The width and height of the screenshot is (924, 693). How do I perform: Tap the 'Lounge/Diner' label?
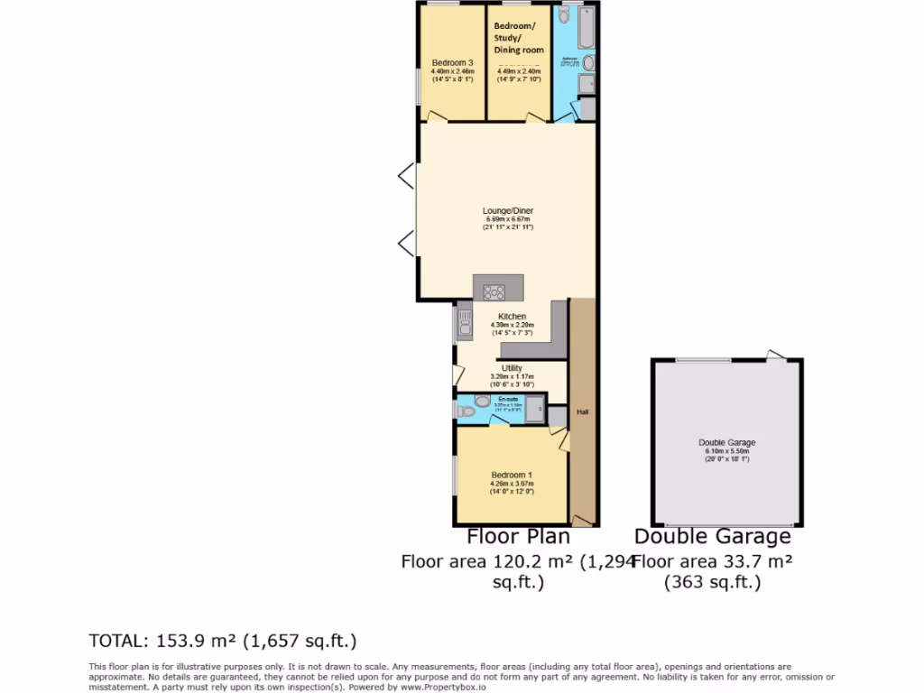point(507,210)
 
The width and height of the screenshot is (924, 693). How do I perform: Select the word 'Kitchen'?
point(512,317)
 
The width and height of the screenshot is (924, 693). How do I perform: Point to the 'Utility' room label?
point(512,368)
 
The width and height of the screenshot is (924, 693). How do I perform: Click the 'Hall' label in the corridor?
point(583,412)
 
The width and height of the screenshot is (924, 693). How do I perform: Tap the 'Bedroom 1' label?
point(512,476)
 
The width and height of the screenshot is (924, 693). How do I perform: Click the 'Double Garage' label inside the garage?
point(726,443)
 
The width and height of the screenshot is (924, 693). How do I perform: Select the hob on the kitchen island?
point(494,291)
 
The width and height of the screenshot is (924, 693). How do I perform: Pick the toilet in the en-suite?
point(467,411)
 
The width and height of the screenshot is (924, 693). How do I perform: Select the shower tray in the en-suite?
point(535,407)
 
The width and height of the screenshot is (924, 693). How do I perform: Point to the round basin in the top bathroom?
point(589,63)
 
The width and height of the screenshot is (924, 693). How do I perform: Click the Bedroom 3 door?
point(436,116)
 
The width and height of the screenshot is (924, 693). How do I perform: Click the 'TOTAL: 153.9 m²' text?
point(223,642)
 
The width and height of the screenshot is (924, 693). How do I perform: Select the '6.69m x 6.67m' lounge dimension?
point(507,218)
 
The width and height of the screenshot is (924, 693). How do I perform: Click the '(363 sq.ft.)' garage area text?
point(712,583)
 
